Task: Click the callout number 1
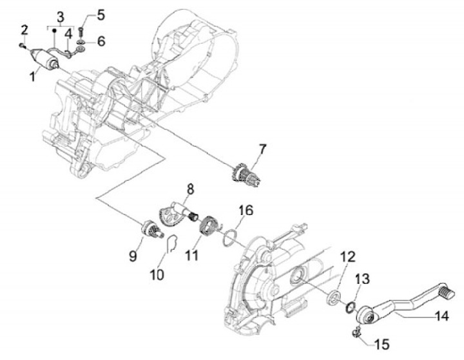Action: point(32,75)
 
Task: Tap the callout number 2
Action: point(24,29)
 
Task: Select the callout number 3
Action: point(61,15)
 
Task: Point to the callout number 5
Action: point(101,12)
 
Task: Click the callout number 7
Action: point(262,150)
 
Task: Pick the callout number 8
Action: point(191,189)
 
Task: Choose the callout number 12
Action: point(347,256)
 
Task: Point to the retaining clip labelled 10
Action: point(170,245)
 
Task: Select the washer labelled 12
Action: point(334,298)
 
